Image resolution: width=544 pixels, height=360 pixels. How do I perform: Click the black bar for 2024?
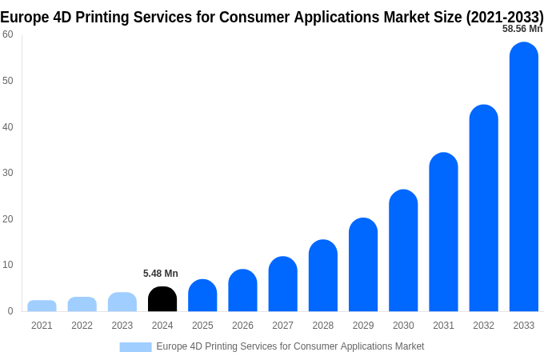tap(162, 299)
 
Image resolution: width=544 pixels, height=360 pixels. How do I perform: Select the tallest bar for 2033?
tap(524, 177)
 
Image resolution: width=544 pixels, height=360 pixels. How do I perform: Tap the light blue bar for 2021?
tap(42, 306)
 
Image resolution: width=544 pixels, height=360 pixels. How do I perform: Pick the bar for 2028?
tap(323, 276)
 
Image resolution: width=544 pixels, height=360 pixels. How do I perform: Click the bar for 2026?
tap(242, 290)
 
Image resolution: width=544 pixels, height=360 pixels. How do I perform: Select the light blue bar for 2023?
tap(122, 302)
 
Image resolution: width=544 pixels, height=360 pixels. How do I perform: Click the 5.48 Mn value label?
tap(161, 274)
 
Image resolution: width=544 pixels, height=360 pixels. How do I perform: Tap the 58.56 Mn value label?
tap(522, 29)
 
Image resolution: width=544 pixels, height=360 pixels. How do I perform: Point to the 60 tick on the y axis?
tap(8, 34)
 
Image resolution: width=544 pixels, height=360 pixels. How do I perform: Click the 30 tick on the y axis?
tap(8, 173)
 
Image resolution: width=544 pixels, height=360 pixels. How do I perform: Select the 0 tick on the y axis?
tap(10, 311)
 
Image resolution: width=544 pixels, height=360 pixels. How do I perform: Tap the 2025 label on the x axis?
tap(202, 326)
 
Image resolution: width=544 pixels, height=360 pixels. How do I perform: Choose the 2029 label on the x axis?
tap(363, 326)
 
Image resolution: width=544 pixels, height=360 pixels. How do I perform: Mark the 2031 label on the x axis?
tap(443, 326)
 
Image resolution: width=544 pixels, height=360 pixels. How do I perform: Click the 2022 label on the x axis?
tap(82, 326)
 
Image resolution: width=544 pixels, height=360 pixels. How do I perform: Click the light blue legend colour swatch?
tap(135, 346)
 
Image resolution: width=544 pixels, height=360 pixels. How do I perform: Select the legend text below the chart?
tap(290, 346)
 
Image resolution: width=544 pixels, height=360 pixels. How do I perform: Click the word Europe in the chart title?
tap(26, 17)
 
